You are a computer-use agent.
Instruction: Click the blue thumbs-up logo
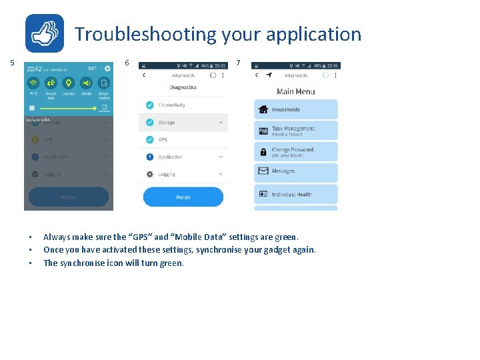click(x=45, y=33)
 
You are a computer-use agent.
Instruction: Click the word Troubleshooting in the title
click(x=145, y=33)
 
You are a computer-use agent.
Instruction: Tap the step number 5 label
click(x=12, y=63)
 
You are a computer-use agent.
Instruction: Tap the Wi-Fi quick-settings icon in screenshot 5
click(x=33, y=83)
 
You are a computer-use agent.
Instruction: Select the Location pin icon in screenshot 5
click(x=68, y=83)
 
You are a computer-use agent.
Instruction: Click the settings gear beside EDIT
click(x=107, y=68)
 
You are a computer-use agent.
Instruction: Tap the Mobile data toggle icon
click(x=51, y=83)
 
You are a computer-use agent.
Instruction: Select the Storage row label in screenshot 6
click(x=167, y=123)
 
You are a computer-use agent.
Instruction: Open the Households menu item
click(x=295, y=109)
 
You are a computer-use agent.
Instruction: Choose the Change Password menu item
click(x=295, y=151)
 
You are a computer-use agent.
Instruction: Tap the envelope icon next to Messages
click(x=263, y=171)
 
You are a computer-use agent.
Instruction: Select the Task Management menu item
click(x=295, y=130)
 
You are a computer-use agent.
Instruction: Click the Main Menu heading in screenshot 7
click(x=295, y=91)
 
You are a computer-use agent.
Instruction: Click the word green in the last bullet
click(x=171, y=263)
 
